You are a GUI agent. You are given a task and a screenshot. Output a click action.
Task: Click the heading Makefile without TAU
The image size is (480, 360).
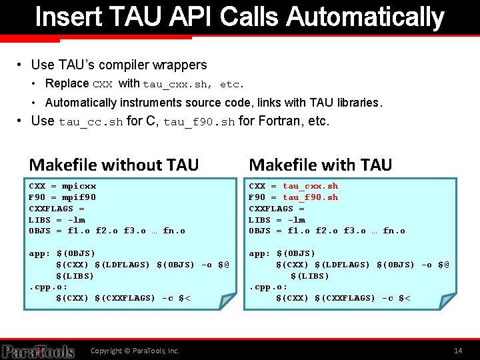click(x=114, y=164)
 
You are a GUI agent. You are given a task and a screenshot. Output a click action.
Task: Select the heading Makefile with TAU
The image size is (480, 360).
click(x=321, y=164)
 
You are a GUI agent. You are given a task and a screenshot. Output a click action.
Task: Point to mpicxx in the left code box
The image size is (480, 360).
click(x=79, y=186)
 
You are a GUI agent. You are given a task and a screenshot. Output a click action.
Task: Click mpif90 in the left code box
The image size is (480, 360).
click(x=79, y=197)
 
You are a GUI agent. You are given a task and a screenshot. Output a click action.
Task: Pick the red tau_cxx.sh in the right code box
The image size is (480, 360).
click(x=310, y=186)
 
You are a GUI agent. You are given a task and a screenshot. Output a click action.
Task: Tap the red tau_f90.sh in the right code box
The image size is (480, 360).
click(x=310, y=197)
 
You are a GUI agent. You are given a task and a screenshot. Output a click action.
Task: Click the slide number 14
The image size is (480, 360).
click(x=457, y=351)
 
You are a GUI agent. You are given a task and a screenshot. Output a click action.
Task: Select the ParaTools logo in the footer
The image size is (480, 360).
click(x=38, y=351)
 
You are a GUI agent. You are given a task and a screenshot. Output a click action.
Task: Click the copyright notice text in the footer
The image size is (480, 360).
click(x=135, y=351)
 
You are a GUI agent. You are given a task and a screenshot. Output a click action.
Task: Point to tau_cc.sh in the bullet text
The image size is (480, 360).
click(x=91, y=122)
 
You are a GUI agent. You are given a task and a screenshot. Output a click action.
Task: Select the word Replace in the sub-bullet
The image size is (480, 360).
click(x=67, y=83)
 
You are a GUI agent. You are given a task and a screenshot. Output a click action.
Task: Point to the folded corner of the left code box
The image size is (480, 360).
click(x=229, y=302)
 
